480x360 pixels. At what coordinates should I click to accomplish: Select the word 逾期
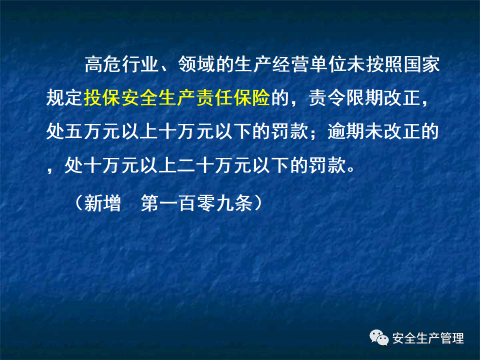click(345, 131)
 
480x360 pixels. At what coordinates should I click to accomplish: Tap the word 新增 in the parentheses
click(102, 203)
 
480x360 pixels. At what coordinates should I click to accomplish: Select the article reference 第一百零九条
click(196, 203)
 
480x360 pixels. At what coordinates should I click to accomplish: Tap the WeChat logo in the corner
click(379, 338)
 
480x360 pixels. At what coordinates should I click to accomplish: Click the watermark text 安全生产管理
click(428, 338)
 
